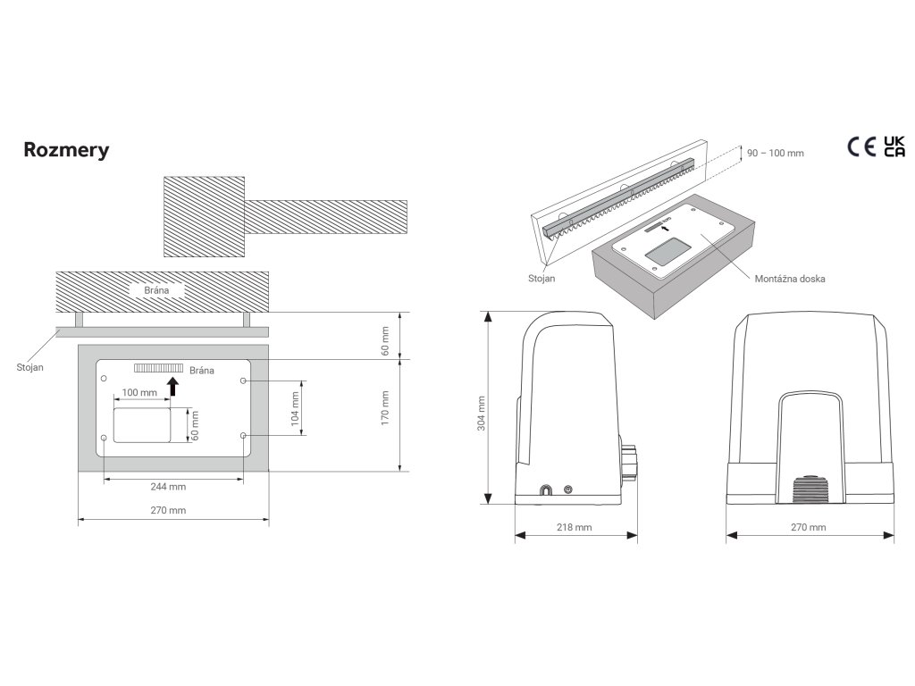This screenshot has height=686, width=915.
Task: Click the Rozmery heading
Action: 66,150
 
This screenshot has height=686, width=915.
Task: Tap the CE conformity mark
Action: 861,147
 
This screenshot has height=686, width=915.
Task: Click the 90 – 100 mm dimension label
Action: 774,154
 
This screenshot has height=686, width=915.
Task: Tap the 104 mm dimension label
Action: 295,407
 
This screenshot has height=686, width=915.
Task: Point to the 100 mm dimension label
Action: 139,393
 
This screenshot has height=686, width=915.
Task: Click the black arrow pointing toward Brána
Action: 173,385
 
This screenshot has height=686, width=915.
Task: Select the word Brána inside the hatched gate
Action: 157,290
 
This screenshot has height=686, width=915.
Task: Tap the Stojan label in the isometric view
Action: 541,279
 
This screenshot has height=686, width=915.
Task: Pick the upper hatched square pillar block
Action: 204,215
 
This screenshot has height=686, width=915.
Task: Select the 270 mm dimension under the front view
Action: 809,528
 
